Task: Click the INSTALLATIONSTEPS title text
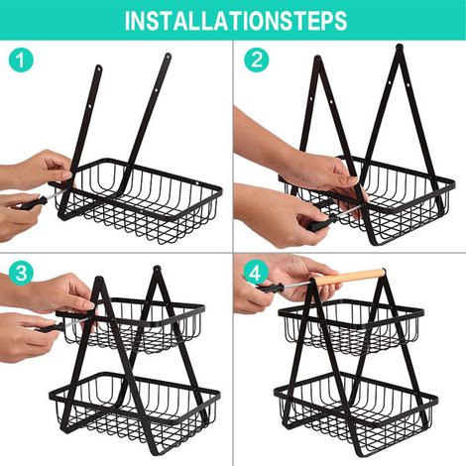236,21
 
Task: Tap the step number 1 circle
21,60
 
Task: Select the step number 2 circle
257,60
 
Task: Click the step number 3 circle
21,274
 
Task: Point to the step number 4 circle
256,274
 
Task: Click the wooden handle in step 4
349,278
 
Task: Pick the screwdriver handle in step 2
319,223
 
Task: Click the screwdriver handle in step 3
49,329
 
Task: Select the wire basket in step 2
367,198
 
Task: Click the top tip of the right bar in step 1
169,55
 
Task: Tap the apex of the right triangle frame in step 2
400,47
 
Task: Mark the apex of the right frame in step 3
156,269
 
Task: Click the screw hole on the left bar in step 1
92,106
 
